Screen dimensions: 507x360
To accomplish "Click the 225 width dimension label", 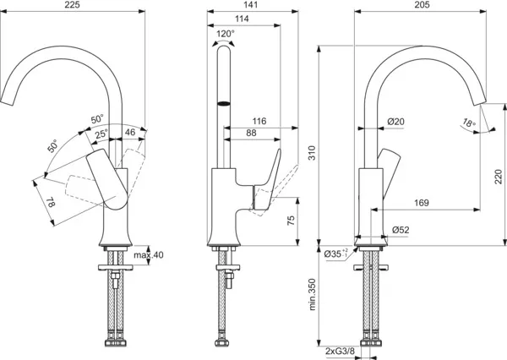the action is (72, 4).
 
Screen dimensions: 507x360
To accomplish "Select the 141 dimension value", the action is (250, 4).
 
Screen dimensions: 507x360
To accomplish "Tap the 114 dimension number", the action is (242, 19).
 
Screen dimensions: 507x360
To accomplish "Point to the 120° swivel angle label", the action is (226, 34).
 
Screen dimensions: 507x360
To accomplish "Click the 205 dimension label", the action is (422, 4).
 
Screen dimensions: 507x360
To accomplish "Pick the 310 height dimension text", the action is (311, 153).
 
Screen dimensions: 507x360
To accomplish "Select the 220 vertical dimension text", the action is (499, 177).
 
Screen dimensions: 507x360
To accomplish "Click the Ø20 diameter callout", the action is (395, 122).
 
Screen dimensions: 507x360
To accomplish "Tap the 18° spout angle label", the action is (469, 123).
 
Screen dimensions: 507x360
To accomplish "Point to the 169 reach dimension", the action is (422, 203).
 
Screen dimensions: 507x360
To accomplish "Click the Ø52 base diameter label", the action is (401, 230).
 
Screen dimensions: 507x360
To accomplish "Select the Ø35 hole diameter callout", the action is (336, 254).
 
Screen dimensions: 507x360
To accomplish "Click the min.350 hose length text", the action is (312, 294).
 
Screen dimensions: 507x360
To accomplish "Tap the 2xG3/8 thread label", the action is (340, 352).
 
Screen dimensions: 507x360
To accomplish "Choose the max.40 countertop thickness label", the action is (149, 255).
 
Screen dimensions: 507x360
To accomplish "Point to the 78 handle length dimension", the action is (51, 203).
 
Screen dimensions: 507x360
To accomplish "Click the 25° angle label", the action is (101, 134).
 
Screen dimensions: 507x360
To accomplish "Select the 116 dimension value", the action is (259, 121).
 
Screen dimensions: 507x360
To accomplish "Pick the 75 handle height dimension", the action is (291, 221).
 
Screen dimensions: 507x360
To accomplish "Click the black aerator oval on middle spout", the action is (224, 103).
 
